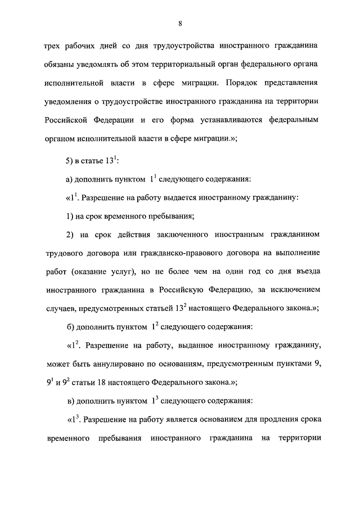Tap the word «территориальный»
(x=182, y=65)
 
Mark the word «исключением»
(x=296, y=289)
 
